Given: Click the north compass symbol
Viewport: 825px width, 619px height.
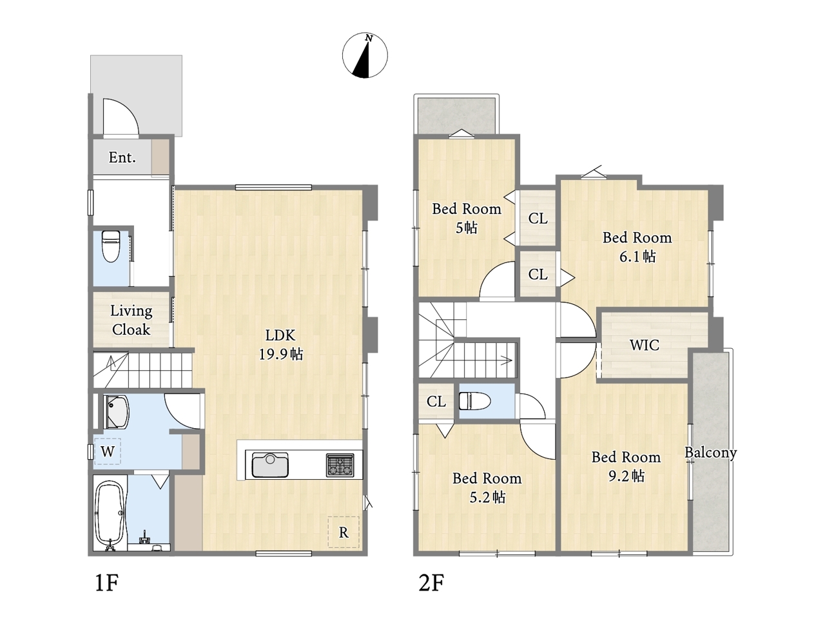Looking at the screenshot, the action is pos(365,55).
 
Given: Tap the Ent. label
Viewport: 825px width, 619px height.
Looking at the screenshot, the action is pos(122,157).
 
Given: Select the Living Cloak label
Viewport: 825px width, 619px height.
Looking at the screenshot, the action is pos(131,320).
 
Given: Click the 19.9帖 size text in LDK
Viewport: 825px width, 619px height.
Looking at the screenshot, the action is pos(281,354).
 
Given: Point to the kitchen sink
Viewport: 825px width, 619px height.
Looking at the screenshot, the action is pos(270,464).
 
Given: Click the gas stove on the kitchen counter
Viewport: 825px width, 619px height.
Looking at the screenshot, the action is pos(340,466).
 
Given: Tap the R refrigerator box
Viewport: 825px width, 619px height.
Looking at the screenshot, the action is pos(343,532).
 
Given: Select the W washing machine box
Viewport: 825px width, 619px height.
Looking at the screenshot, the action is pos(108,451).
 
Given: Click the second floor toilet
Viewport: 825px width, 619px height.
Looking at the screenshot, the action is pos(475,401).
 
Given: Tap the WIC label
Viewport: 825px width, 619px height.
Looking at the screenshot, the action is pos(645,345).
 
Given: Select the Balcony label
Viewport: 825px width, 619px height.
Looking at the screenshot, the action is pos(710,453).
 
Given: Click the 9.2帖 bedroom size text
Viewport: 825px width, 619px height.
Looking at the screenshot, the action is pos(626,477).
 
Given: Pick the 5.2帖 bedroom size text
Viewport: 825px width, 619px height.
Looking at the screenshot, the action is pos(487,497).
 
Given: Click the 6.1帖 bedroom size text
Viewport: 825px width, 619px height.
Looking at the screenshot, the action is pos(637,257).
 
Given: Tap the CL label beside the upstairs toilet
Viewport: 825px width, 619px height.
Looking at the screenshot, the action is pos(436,402).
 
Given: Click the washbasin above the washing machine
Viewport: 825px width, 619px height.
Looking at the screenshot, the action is pos(116,412).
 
